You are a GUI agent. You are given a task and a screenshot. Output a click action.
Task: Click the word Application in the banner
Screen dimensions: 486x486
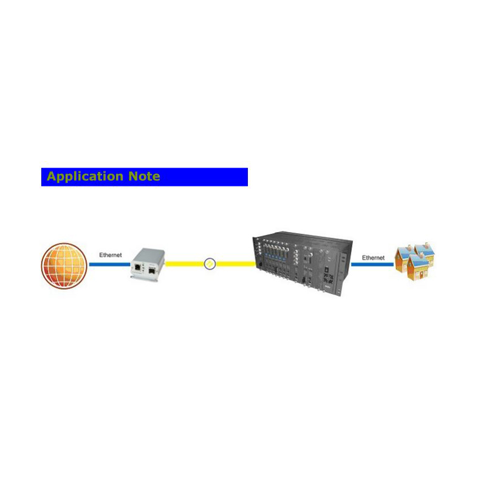coord(85,177)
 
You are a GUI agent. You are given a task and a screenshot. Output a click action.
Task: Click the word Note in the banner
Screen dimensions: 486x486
coord(144,176)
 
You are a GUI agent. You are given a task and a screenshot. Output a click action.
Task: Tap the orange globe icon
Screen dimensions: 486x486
coord(64,265)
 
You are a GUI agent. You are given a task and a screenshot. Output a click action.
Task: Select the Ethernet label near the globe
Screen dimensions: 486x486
coord(111,255)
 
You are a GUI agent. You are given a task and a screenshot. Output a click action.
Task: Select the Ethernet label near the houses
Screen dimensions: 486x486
coord(373,258)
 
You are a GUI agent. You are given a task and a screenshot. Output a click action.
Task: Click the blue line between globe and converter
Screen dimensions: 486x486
coord(110,264)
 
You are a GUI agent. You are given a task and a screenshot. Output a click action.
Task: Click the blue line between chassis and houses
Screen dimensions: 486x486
coord(372,264)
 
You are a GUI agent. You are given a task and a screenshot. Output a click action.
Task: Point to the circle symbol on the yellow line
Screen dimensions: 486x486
coord(210,264)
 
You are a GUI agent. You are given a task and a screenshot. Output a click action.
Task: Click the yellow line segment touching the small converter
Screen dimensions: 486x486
coord(185,264)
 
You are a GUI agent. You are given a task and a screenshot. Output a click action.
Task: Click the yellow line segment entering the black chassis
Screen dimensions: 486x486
coord(236,264)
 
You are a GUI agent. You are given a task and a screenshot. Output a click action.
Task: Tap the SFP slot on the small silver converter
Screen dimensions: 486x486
coord(152,270)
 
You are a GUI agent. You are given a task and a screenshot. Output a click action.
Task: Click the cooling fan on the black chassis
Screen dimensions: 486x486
coord(328,278)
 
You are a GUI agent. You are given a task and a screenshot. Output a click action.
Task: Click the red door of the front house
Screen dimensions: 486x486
coord(421,275)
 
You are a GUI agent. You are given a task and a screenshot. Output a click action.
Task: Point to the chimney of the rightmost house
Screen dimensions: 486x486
coord(427,245)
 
